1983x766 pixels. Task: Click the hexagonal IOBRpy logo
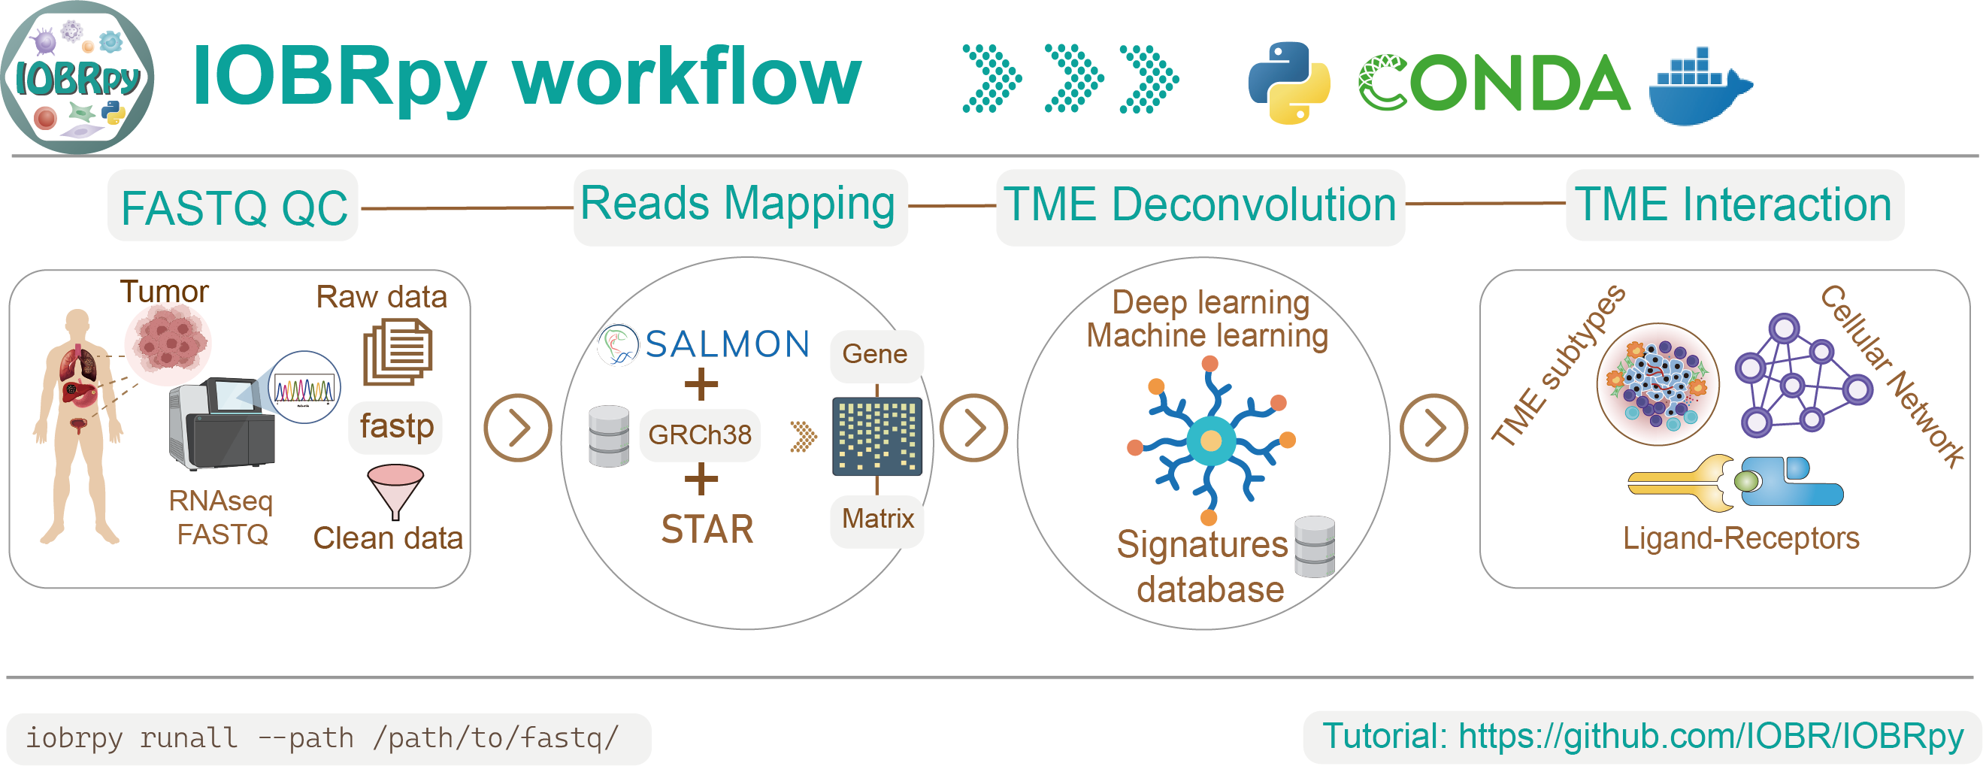click(77, 77)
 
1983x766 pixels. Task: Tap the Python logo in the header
click(1288, 83)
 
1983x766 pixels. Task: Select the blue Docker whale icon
click(1700, 89)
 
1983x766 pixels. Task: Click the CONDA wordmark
click(1494, 83)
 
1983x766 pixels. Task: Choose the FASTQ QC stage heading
click(234, 207)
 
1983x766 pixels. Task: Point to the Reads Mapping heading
click(737, 204)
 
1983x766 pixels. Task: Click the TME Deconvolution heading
click(1199, 204)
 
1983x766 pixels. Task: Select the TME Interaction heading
click(1733, 204)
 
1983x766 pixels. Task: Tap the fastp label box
click(396, 426)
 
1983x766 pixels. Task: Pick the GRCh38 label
click(699, 435)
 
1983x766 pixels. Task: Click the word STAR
click(707, 530)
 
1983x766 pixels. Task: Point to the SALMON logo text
click(727, 344)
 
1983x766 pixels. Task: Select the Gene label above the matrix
click(874, 354)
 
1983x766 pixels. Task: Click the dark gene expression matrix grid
click(876, 436)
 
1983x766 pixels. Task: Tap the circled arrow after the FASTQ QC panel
click(517, 428)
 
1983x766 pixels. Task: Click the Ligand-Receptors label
click(1739, 538)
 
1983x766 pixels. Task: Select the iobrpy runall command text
click(322, 737)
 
